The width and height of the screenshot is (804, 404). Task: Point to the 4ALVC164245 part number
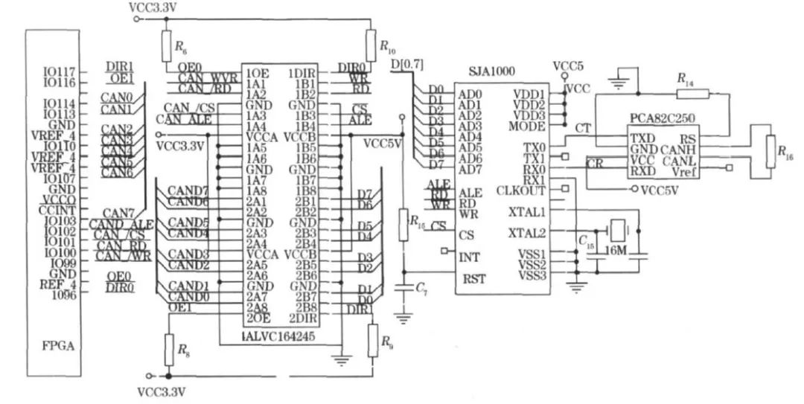pyautogui.click(x=280, y=336)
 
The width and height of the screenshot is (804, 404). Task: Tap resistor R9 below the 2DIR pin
pyautogui.click(x=371, y=342)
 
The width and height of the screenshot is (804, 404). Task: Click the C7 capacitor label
pyautogui.click(x=421, y=286)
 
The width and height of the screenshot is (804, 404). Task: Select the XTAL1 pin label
pyautogui.click(x=526, y=213)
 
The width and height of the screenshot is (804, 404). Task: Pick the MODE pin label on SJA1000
pyautogui.click(x=529, y=126)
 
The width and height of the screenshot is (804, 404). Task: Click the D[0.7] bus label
pyautogui.click(x=405, y=65)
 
